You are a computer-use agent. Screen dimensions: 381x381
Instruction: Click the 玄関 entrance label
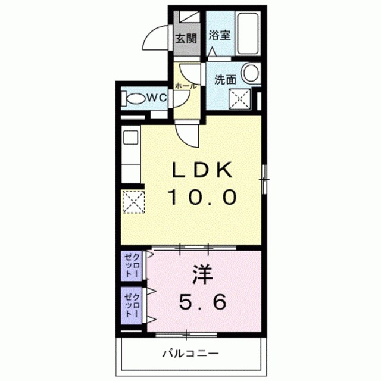(186, 38)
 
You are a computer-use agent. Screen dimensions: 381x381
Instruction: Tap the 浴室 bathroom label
(220, 35)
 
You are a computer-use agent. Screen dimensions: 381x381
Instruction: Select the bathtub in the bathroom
(248, 33)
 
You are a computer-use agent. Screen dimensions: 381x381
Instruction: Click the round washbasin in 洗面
(251, 73)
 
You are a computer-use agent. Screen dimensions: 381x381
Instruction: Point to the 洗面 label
(225, 79)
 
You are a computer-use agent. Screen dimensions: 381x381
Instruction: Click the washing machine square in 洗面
(240, 98)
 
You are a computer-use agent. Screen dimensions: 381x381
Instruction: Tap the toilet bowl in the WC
(135, 98)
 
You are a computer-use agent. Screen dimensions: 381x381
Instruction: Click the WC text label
(157, 98)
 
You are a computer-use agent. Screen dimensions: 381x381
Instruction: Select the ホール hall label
(185, 86)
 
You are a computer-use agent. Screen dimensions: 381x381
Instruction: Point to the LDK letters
(202, 170)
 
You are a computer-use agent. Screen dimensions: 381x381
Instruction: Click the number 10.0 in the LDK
(202, 197)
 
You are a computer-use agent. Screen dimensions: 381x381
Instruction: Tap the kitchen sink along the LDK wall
(131, 138)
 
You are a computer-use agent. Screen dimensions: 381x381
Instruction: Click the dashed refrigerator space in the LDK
(133, 202)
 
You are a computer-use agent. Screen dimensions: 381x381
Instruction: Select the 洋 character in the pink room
(202, 274)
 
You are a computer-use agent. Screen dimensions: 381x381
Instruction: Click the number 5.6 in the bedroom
(202, 302)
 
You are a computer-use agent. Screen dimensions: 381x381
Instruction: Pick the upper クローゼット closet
(132, 266)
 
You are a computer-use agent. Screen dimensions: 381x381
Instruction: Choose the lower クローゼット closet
(132, 305)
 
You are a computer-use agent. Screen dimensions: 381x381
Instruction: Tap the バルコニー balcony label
(190, 353)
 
